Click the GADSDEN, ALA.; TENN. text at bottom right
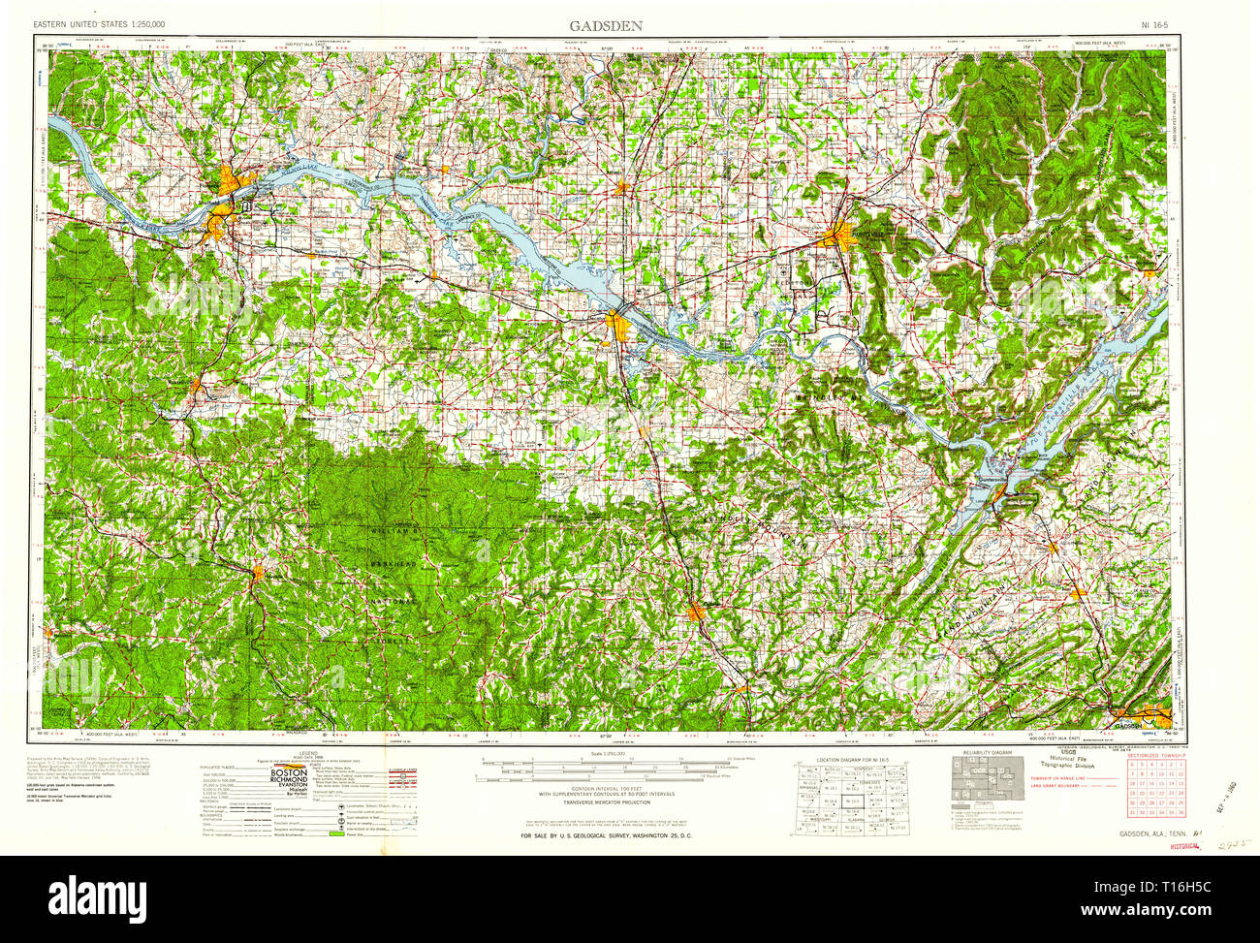coord(1152,834)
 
